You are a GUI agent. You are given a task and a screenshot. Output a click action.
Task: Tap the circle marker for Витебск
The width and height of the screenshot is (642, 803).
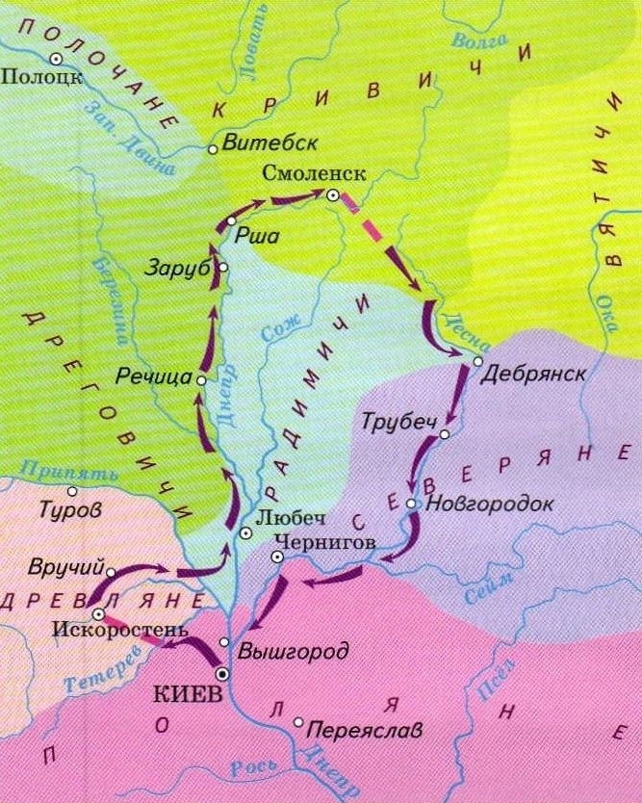pyautogui.click(x=213, y=149)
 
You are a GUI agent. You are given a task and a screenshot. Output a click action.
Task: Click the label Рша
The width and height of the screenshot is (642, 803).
pyautogui.click(x=252, y=232)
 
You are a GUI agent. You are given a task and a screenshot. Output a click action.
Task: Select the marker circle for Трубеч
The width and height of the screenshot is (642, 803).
pyautogui.click(x=445, y=435)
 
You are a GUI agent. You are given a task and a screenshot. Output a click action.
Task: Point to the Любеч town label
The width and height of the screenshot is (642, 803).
pyautogui.click(x=285, y=515)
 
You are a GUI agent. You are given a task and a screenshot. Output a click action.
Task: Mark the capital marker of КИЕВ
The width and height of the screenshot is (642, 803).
pyautogui.click(x=222, y=674)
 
